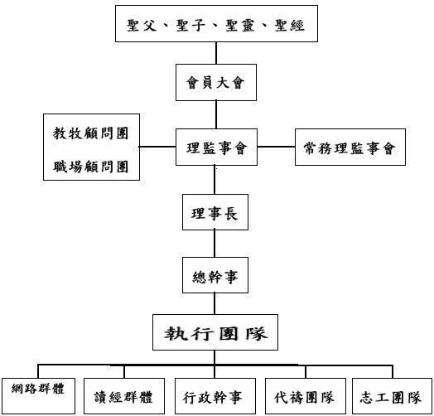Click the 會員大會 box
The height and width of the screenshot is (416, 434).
tap(216, 82)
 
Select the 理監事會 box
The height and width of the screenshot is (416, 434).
tap(216, 147)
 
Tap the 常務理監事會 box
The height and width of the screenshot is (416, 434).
tap(350, 147)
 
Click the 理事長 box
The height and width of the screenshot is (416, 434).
tap(215, 212)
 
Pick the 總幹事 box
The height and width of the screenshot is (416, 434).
tap(215, 275)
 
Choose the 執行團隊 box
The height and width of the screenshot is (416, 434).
tap(215, 332)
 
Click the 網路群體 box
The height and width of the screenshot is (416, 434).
tap(38, 396)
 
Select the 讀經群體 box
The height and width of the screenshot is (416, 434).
tap(124, 396)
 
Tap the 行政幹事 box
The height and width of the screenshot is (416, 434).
tap(215, 396)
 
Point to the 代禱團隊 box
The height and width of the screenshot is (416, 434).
tap(306, 396)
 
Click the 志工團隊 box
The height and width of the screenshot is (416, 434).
tap(392, 396)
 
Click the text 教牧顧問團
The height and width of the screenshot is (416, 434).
tap(90, 133)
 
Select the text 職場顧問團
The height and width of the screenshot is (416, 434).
tap(90, 167)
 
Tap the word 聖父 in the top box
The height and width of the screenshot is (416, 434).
tap(142, 26)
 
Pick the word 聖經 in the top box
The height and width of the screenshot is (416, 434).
tap(290, 26)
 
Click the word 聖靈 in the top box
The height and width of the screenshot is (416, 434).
tap(240, 26)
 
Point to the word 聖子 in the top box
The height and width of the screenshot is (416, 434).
tap(191, 26)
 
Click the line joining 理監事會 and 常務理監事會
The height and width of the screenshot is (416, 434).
tap(276, 147)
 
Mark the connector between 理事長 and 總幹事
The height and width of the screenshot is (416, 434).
tap(215, 244)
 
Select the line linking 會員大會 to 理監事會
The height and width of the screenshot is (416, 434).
tap(216, 114)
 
